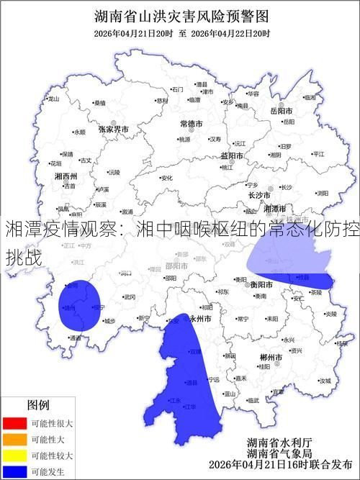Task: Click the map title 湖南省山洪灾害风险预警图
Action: (x=181, y=16)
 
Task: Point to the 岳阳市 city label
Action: (x=281, y=112)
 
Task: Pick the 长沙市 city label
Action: (x=258, y=194)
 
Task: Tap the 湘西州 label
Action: (x=66, y=176)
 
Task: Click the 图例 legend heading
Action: (x=38, y=405)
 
